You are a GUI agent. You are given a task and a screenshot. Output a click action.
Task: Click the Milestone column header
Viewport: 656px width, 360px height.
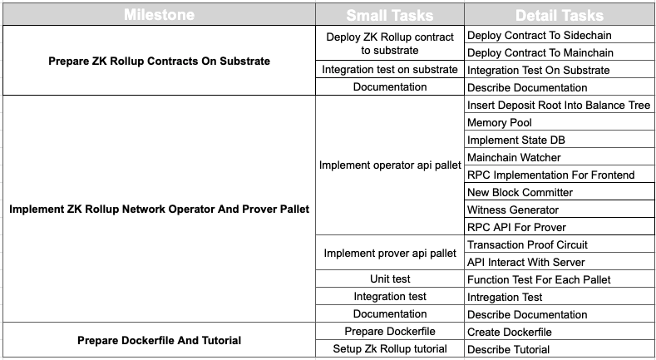pyautogui.click(x=159, y=15)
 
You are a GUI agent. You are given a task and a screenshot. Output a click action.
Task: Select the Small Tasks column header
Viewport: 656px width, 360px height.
pyautogui.click(x=390, y=15)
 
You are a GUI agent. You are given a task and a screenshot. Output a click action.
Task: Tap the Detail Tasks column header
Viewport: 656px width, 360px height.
pyautogui.click(x=560, y=15)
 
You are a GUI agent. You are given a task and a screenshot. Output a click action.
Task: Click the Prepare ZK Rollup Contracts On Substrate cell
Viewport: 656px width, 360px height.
pyautogui.click(x=159, y=61)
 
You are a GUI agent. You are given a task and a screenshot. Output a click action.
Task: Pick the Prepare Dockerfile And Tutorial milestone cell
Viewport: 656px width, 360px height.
pyautogui.click(x=159, y=340)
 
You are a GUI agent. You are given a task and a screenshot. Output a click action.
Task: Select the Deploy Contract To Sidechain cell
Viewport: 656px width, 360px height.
pyautogui.click(x=560, y=35)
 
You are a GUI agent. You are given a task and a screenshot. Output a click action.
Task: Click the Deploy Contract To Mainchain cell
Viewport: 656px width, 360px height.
pyautogui.click(x=560, y=52)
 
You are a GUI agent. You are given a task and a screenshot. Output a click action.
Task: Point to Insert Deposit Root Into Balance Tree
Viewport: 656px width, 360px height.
pyautogui.click(x=560, y=105)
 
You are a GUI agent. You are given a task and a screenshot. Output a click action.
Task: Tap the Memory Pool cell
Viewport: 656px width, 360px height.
pyautogui.click(x=560, y=122)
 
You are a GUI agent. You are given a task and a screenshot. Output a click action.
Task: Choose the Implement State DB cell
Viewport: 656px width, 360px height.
pyautogui.click(x=560, y=140)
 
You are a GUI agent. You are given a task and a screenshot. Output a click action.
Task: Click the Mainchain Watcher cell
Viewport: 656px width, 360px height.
pyautogui.click(x=560, y=157)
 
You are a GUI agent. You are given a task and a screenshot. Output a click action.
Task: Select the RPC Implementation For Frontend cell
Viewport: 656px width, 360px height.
pyautogui.click(x=560, y=175)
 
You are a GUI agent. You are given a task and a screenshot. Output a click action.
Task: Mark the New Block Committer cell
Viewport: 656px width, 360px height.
pyautogui.click(x=560, y=192)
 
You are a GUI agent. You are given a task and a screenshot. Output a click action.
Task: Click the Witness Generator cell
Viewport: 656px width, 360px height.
pyautogui.click(x=560, y=210)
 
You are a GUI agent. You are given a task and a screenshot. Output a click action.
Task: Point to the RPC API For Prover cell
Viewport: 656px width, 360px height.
pyautogui.click(x=560, y=227)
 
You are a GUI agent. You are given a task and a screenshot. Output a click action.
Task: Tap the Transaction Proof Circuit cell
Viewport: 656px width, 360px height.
pyautogui.click(x=560, y=244)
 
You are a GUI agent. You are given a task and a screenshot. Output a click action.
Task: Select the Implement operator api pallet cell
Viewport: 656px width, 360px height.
pyautogui.click(x=390, y=165)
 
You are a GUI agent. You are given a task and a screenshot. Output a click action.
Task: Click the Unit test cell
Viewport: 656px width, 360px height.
pyautogui.click(x=390, y=279)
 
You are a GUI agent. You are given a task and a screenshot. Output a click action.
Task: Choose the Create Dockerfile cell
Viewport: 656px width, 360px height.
pyautogui.click(x=560, y=332)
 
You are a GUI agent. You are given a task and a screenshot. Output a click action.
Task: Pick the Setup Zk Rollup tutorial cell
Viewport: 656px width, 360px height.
pyautogui.click(x=390, y=348)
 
